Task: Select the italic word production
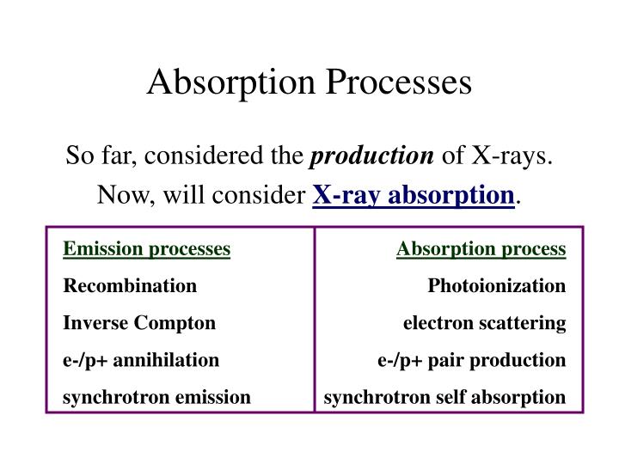coord(372,157)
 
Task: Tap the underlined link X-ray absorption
coord(413,195)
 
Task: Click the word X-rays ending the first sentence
coord(511,157)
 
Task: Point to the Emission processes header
coord(147,249)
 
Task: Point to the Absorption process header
coord(481,249)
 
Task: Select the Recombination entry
coord(130,285)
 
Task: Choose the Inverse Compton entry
coord(139,323)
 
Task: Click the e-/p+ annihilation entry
coord(142,360)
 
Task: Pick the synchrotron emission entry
coord(157,397)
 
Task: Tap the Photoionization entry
coord(497,285)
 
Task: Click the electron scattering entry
coord(485,323)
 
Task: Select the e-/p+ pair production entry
coord(472,360)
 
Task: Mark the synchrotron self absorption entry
coord(445,397)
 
